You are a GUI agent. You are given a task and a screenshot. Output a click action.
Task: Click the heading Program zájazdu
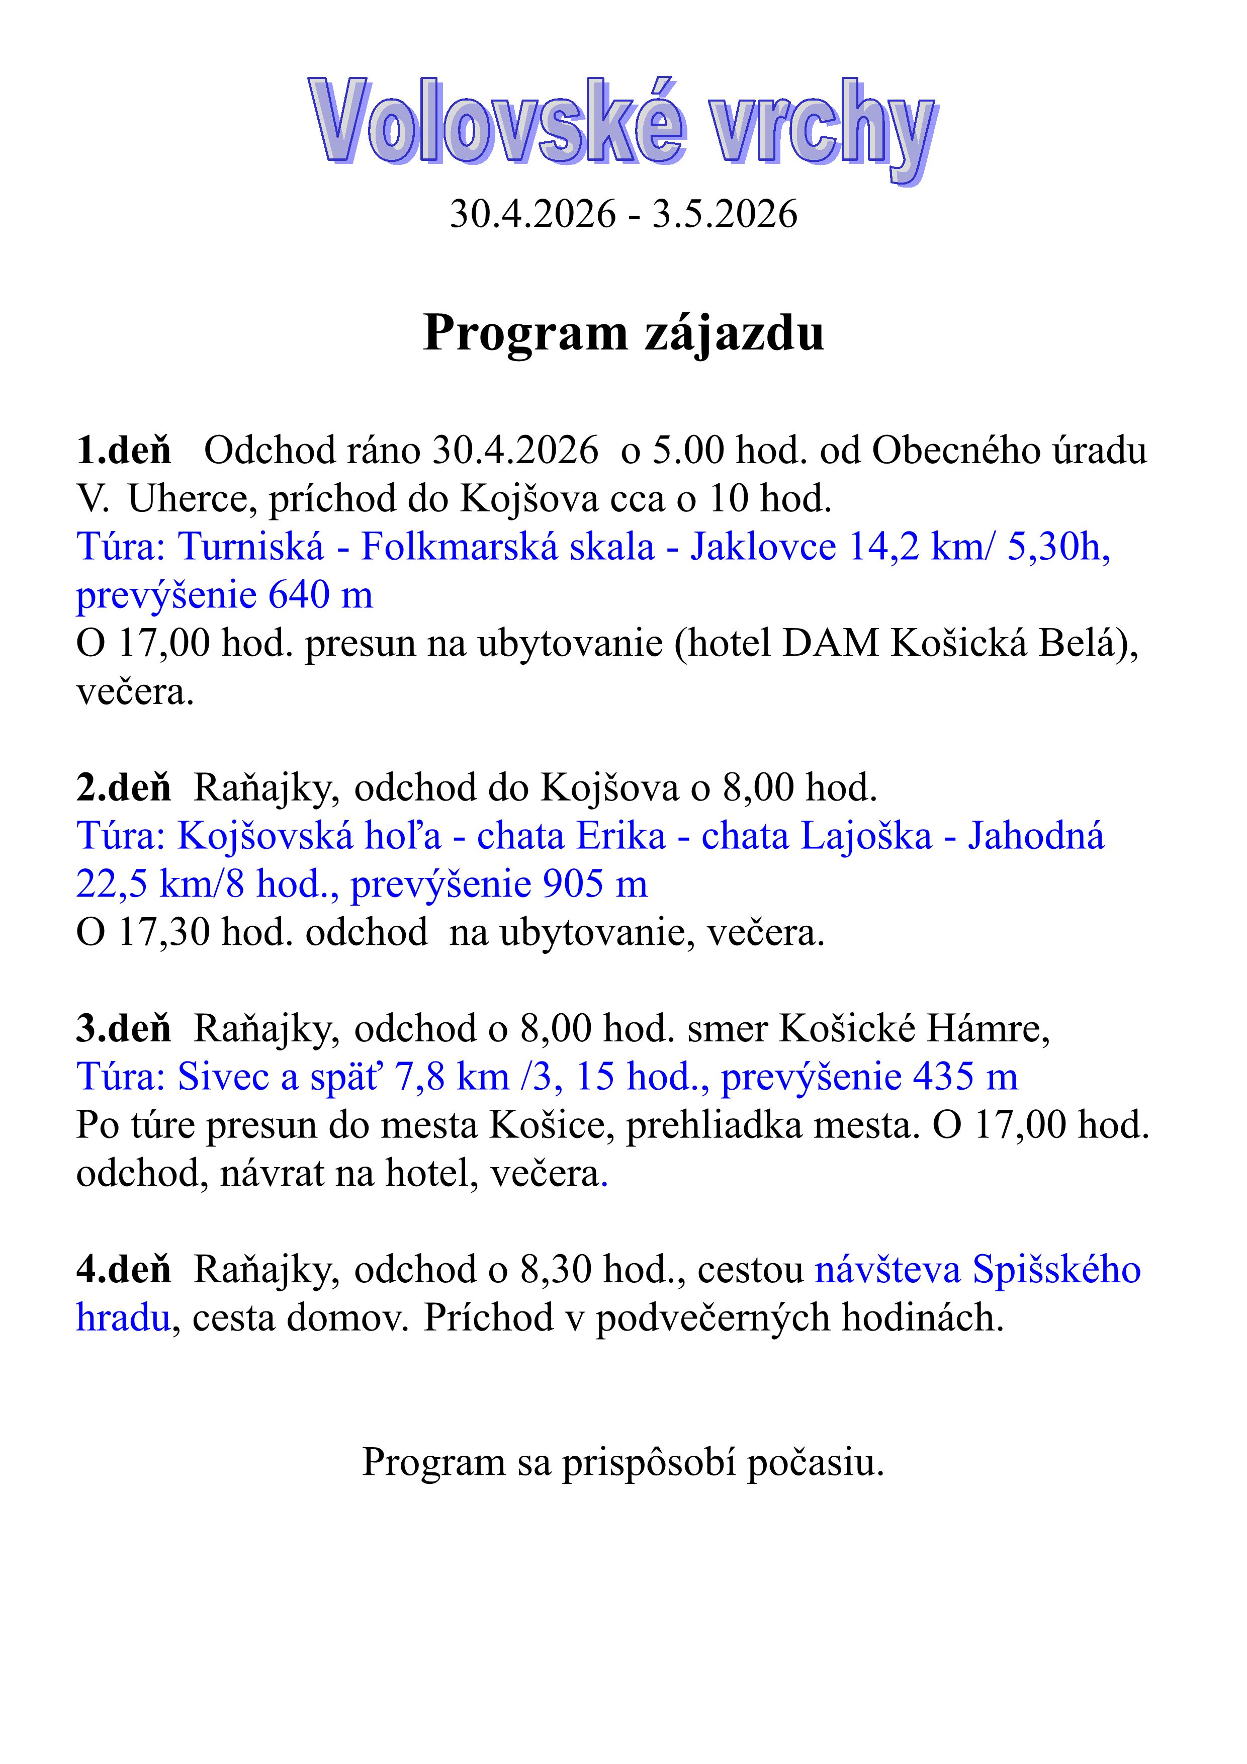623,333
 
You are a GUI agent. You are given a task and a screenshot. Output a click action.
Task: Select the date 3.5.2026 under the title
725,214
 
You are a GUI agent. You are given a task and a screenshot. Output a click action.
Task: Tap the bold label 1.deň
124,450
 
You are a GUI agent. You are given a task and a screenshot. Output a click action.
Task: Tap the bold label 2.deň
124,787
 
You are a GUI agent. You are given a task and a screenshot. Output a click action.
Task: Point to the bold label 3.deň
124,1029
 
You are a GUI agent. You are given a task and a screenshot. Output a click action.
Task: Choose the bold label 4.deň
124,1270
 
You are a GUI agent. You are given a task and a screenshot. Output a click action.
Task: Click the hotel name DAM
830,644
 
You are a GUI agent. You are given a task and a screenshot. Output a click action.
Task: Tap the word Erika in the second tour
621,836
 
